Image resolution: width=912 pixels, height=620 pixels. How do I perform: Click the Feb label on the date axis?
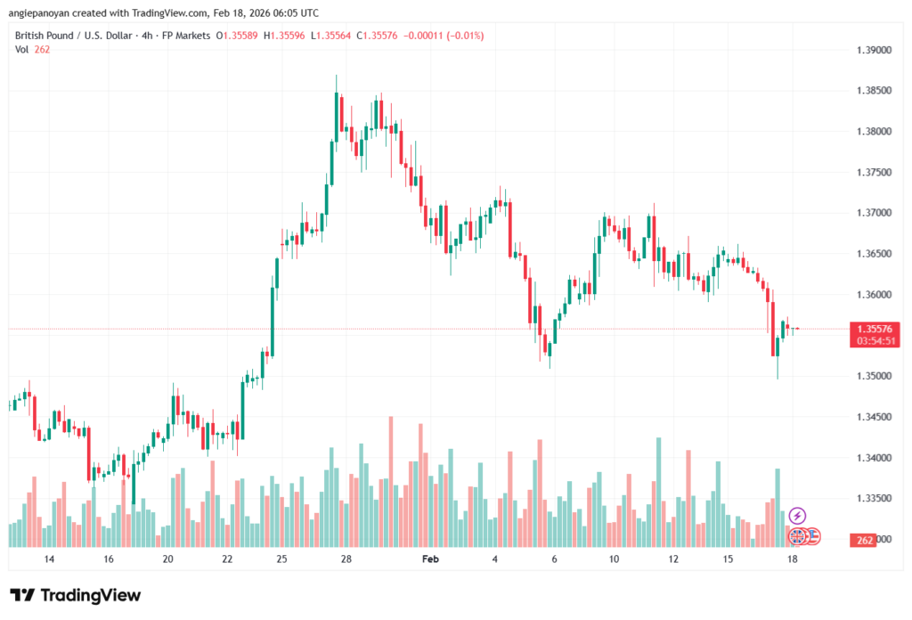(x=430, y=559)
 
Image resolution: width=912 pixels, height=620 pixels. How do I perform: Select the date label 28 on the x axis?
(x=346, y=559)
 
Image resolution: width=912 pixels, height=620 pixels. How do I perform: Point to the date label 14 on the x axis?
(x=49, y=559)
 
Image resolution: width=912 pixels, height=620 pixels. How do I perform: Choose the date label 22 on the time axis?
(x=227, y=559)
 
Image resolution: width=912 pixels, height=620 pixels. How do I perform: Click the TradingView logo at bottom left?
(x=75, y=595)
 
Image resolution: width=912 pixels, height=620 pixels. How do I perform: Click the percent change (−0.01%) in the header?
(x=462, y=35)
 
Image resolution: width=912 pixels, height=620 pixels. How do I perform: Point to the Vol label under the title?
(x=22, y=49)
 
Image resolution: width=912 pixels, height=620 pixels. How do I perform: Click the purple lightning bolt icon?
(x=797, y=515)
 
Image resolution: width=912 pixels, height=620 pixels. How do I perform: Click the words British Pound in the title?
(x=44, y=35)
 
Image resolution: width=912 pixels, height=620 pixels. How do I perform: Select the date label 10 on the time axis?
(x=614, y=559)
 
